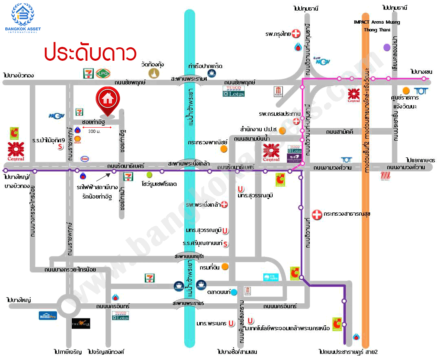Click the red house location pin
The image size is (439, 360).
(108, 100)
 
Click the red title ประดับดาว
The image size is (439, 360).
(90, 53)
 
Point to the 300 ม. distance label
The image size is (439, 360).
(94, 131)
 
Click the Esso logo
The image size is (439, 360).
(85, 159)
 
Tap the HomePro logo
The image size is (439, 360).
(48, 315)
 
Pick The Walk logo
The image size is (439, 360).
(81, 323)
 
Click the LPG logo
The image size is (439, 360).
(102, 73)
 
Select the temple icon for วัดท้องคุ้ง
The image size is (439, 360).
(154, 73)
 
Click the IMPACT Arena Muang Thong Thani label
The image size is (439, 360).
(377, 26)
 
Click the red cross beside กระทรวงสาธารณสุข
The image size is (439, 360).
(317, 214)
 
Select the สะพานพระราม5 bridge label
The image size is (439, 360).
(188, 304)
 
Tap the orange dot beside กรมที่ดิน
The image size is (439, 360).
(225, 267)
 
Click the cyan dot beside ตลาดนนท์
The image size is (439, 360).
(234, 292)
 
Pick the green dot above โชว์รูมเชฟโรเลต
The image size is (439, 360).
(150, 174)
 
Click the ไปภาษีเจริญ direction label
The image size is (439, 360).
(68, 351)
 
